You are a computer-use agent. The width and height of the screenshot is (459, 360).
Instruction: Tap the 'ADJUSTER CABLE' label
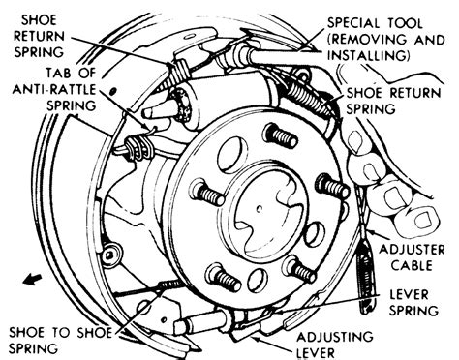pyautogui.click(x=412, y=257)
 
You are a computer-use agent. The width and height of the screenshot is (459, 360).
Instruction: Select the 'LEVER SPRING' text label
pyautogui.click(x=414, y=303)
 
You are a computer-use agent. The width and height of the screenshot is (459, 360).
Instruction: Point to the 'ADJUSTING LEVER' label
pyautogui.click(x=335, y=345)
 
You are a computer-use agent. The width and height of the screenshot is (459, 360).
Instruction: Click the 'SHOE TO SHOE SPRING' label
pyautogui.click(x=60, y=340)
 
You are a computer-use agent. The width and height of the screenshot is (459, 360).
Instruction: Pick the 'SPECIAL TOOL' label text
pyautogui.click(x=375, y=23)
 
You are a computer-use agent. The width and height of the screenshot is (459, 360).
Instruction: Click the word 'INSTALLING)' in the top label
pyautogui.click(x=369, y=55)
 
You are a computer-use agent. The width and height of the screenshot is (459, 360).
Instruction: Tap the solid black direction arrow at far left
pyautogui.click(x=32, y=279)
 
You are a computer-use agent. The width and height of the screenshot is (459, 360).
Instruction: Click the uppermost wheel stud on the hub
pyautogui.click(x=280, y=135)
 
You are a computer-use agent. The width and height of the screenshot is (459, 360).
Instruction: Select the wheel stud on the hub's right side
pyautogui.click(x=332, y=186)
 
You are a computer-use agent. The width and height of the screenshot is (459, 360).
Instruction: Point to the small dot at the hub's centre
pyautogui.click(x=259, y=209)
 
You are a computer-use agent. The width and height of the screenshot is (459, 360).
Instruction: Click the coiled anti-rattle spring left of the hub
pyautogui.click(x=139, y=147)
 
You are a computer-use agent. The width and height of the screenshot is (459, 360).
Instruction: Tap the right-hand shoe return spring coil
pyautogui.click(x=310, y=96)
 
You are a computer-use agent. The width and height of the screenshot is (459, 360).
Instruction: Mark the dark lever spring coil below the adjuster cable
pyautogui.click(x=367, y=280)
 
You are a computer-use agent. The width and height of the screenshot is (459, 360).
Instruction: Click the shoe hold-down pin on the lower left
pyautogui.click(x=109, y=255)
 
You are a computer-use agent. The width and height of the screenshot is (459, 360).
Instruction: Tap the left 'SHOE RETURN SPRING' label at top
pyautogui.click(x=39, y=36)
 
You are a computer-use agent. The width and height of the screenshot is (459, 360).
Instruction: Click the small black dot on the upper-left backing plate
pyautogui.click(x=112, y=91)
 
